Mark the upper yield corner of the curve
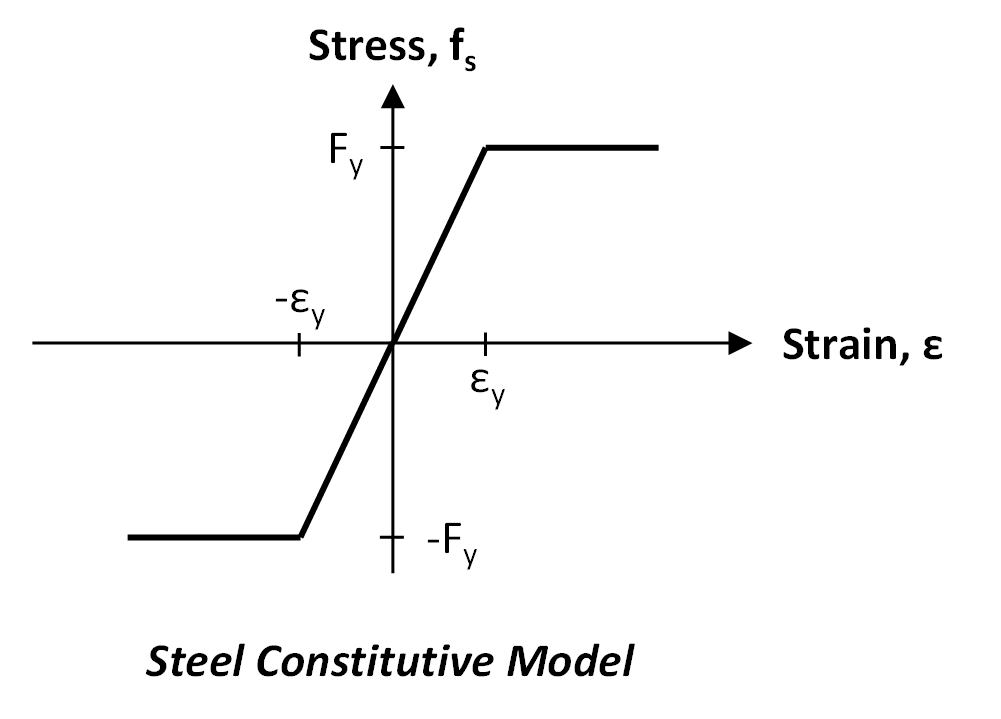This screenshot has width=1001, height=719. [x=486, y=148]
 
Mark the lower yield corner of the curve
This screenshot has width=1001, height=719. [x=300, y=537]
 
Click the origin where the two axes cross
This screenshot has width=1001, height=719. [x=393, y=343]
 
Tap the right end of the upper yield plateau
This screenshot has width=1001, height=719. [x=657, y=148]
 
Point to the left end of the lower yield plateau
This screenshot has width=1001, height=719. [x=130, y=537]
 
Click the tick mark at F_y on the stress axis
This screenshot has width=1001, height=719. [x=393, y=148]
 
